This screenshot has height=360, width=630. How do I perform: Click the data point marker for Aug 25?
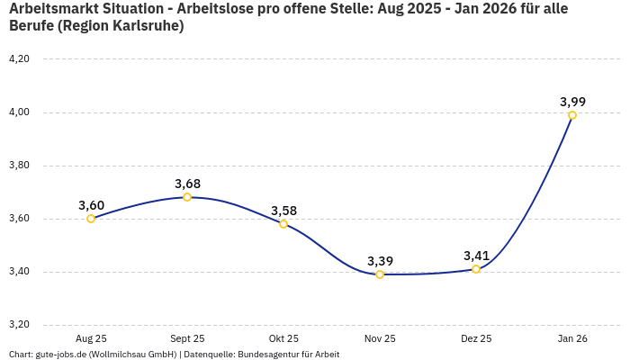(x=91, y=219)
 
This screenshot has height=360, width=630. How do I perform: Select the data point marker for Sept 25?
(x=187, y=197)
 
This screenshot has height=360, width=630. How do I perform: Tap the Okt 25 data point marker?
(x=283, y=224)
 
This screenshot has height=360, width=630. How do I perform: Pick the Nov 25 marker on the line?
(x=380, y=274)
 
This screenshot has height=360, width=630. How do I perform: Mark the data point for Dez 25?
(x=476, y=269)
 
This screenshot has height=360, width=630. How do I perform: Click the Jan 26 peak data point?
(x=572, y=115)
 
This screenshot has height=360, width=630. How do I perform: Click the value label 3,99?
(x=572, y=102)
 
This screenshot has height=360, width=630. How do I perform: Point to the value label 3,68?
(x=187, y=184)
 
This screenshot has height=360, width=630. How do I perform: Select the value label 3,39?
(x=380, y=261)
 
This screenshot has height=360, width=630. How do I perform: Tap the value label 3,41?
(x=476, y=256)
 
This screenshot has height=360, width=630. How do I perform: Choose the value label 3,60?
(x=91, y=205)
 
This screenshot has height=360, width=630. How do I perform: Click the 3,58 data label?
(x=283, y=211)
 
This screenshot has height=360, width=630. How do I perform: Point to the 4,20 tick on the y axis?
(x=19, y=59)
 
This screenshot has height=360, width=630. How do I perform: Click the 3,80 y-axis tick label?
(x=19, y=166)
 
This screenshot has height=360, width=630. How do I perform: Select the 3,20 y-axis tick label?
(x=19, y=325)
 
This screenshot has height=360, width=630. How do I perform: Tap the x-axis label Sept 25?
(x=187, y=338)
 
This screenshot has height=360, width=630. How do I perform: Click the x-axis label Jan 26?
(x=572, y=338)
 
